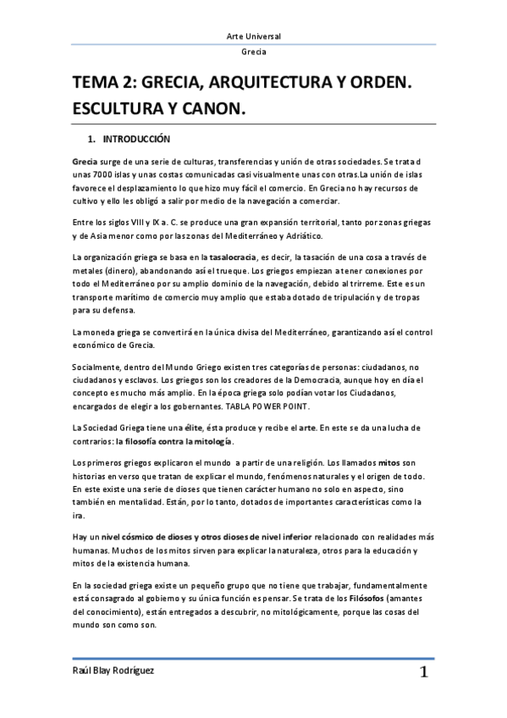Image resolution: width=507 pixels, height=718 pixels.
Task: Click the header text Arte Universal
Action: [x=253, y=36]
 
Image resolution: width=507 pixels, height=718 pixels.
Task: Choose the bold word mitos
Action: [x=388, y=464]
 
